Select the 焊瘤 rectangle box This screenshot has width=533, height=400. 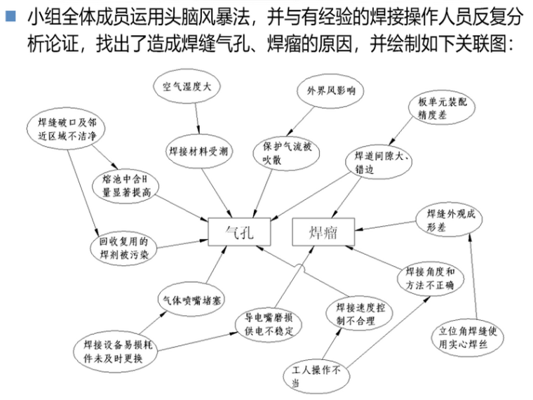323,232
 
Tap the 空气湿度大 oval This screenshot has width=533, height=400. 187,87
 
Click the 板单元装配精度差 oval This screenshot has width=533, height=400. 437,109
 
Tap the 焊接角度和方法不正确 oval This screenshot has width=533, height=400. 430,278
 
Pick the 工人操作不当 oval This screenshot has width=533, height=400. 316,375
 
